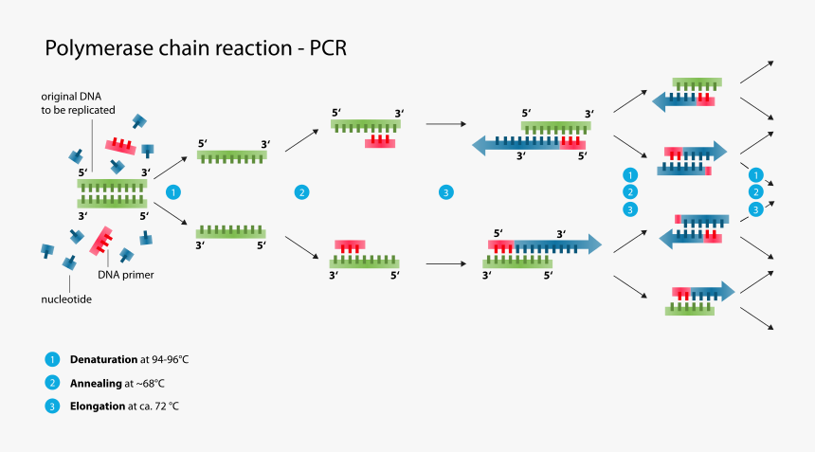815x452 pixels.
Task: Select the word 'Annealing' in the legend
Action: [97, 383]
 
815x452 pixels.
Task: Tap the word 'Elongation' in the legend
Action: [98, 406]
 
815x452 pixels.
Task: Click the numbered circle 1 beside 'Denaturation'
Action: [51, 360]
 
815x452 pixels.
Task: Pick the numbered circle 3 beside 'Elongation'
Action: [51, 406]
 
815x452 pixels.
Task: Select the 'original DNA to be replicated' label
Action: [78, 103]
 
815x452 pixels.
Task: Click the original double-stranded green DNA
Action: [112, 192]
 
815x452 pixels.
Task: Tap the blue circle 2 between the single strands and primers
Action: [301, 192]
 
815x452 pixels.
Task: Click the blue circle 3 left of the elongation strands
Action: [446, 192]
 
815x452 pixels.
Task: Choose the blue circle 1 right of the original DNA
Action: [172, 192]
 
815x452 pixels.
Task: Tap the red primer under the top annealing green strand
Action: [381, 141]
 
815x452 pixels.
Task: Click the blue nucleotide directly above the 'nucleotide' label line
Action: [69, 262]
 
